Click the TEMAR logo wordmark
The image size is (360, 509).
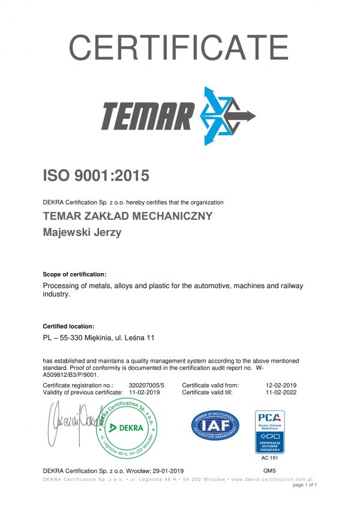point(148,115)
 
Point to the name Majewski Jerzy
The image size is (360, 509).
point(82,232)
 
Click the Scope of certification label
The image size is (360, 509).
point(75,274)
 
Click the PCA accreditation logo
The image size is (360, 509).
point(270,431)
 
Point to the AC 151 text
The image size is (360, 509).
point(270,458)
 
